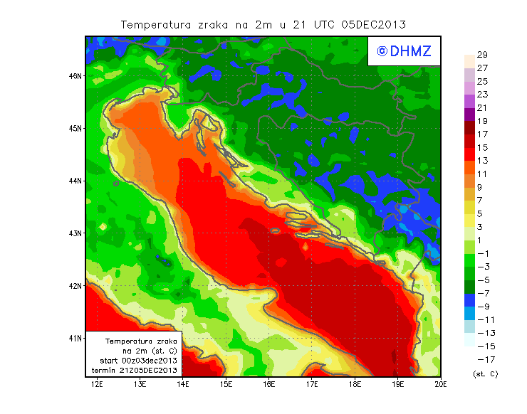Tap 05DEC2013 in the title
point(373,24)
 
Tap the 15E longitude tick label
point(226,384)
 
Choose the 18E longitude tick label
point(355,384)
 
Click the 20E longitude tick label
point(441,384)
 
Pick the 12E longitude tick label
point(98,384)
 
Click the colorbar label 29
point(481,55)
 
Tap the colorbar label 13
point(481,161)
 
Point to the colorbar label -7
point(483,293)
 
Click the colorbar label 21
point(481,107)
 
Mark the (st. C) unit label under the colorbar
point(485,373)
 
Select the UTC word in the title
point(304,24)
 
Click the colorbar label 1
point(481,240)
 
